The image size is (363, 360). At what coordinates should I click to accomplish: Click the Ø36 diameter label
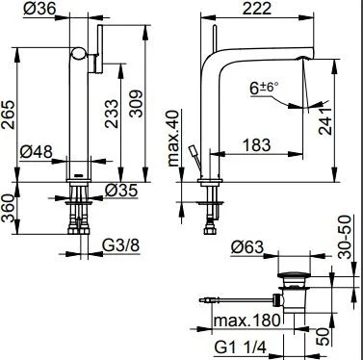[39, 9]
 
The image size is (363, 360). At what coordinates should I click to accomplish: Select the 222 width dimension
[257, 8]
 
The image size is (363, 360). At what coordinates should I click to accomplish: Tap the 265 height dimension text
[9, 115]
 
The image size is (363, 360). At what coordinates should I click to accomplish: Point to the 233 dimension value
[112, 115]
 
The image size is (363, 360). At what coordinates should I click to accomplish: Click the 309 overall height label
[136, 104]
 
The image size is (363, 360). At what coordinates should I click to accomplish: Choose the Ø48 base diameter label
[36, 151]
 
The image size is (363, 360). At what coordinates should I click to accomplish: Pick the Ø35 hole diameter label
[121, 191]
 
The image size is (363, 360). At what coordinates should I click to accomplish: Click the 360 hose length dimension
[8, 209]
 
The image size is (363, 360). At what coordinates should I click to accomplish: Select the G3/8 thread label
[121, 246]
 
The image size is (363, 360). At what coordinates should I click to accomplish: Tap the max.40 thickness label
[173, 138]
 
